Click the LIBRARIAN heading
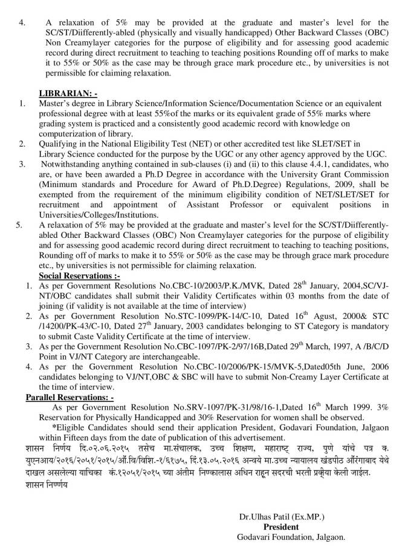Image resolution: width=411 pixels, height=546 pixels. pyautogui.click(x=68, y=94)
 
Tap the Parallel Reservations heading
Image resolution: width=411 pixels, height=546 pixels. pyautogui.click(x=70, y=396)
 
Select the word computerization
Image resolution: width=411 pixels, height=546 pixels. pyautogui.click(x=72, y=133)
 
